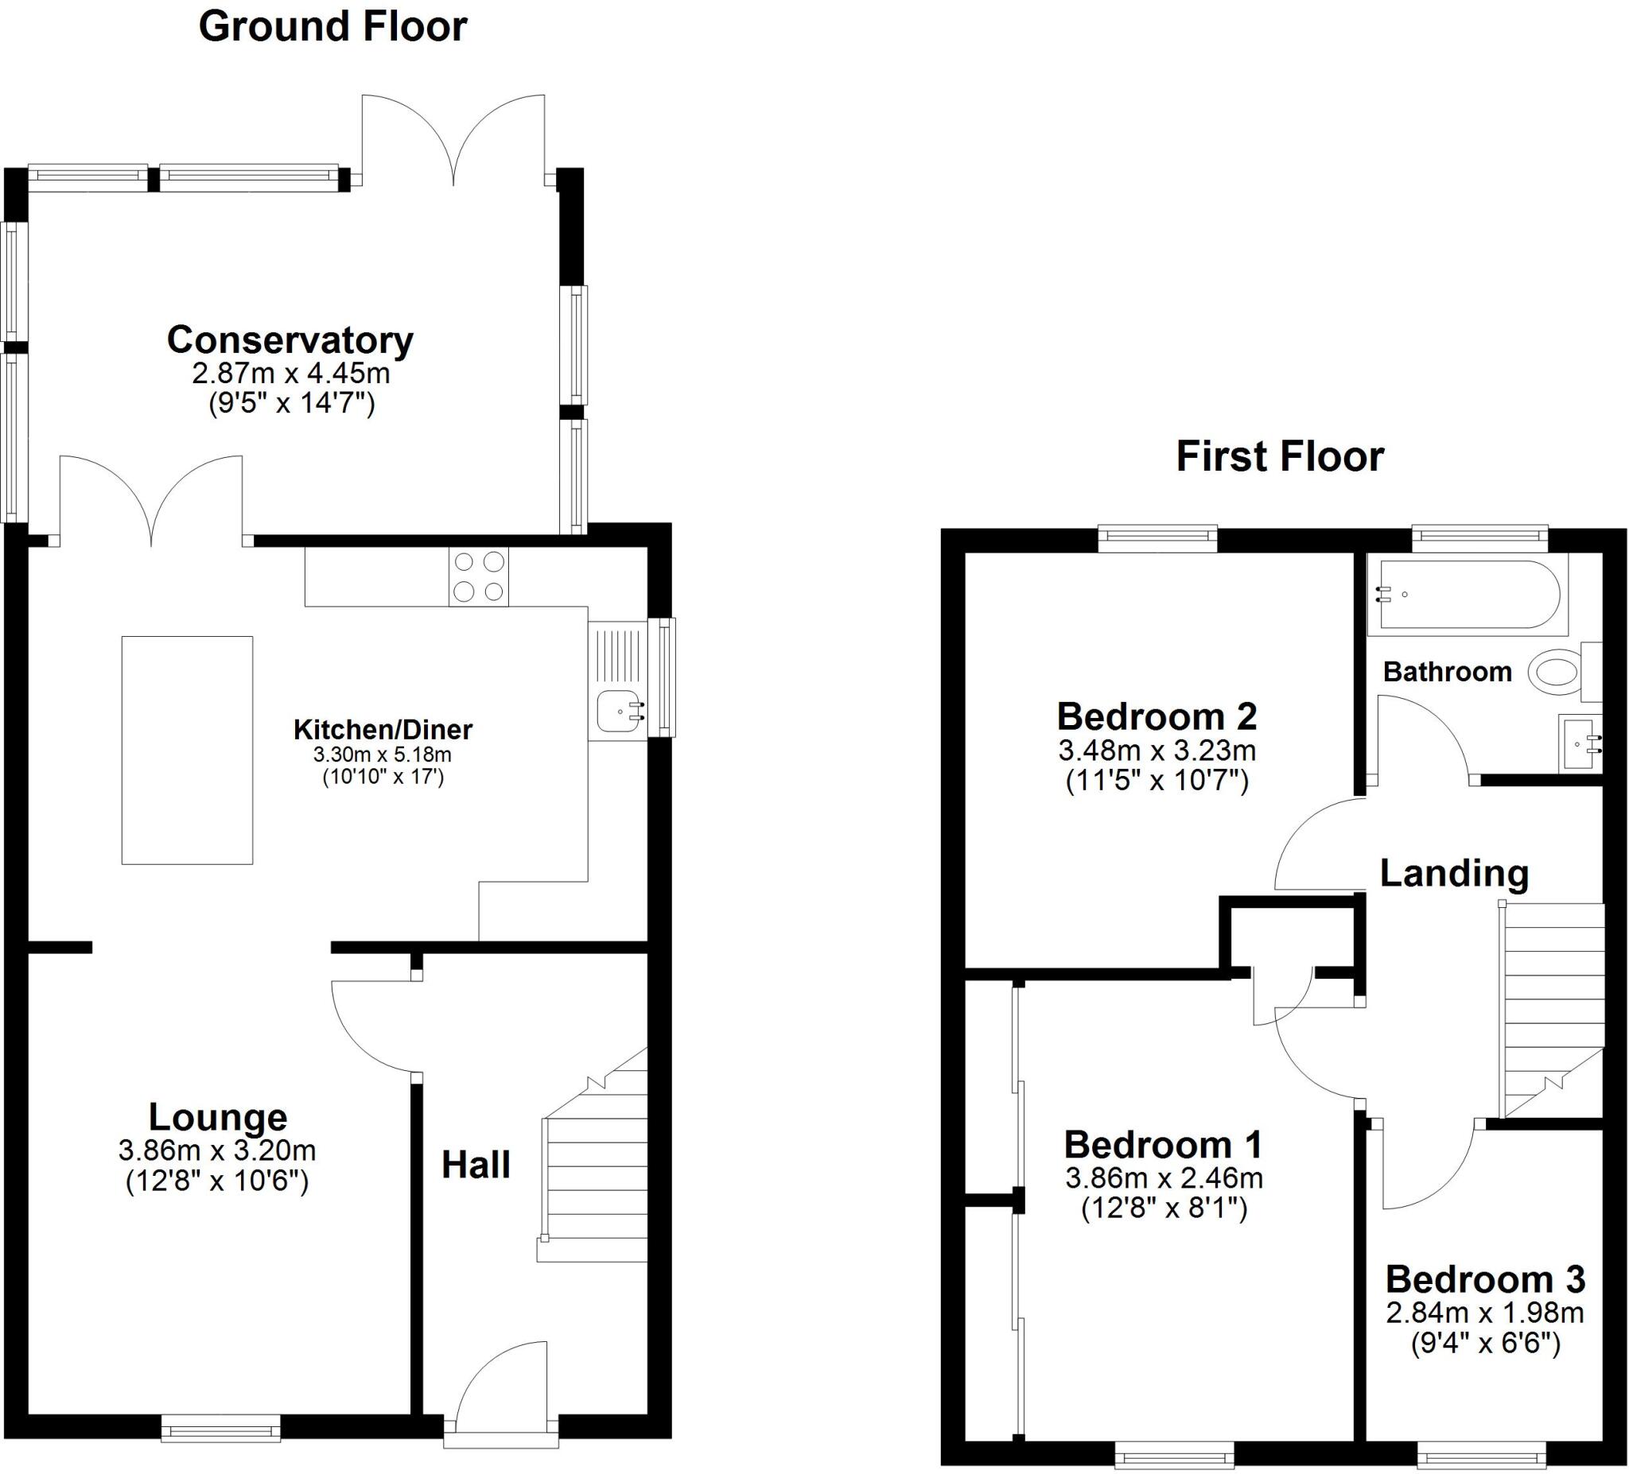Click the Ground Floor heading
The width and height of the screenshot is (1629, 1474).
coord(332,27)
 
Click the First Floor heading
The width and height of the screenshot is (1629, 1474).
coord(1280,456)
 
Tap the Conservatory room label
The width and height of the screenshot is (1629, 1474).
coord(290,340)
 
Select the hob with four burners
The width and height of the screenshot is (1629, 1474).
coord(478,576)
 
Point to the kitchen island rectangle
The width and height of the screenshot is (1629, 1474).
coord(187,750)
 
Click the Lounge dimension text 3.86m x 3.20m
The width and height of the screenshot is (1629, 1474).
coord(216,1150)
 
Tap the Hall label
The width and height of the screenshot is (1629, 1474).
coord(475,1165)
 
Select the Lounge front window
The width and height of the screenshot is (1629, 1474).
coord(220,1427)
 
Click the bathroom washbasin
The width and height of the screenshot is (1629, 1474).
coord(1578,743)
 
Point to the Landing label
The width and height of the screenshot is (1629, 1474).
coord(1454,873)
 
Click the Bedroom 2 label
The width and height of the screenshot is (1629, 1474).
coord(1157,716)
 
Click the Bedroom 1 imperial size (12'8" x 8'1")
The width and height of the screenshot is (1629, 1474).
coord(1164,1208)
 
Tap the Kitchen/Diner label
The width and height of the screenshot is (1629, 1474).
coord(383,729)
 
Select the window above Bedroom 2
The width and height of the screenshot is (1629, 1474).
coord(1157,537)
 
